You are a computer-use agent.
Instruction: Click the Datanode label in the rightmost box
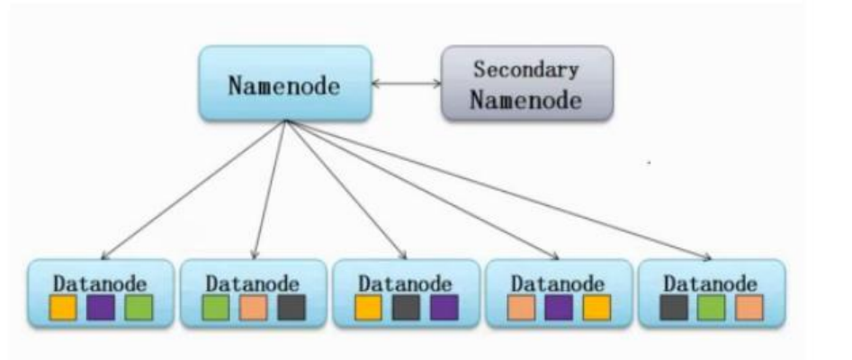[709, 281]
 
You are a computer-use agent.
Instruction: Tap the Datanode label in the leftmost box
[97, 281]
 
